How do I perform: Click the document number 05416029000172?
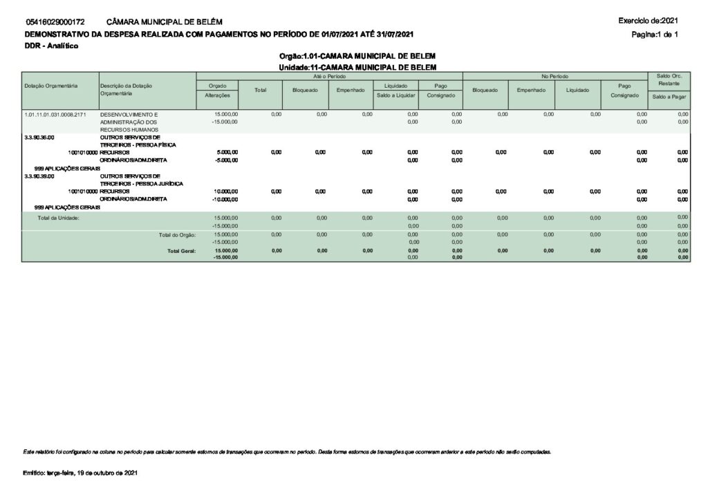[55, 23]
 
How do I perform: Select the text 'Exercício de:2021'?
[649, 21]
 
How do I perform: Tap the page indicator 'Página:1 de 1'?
[655, 35]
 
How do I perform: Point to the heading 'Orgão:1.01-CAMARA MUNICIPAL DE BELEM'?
[357, 55]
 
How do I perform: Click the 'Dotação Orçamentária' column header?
[50, 86]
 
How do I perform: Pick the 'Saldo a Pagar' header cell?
[669, 97]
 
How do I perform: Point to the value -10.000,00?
[225, 200]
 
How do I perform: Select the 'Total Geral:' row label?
[181, 251]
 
